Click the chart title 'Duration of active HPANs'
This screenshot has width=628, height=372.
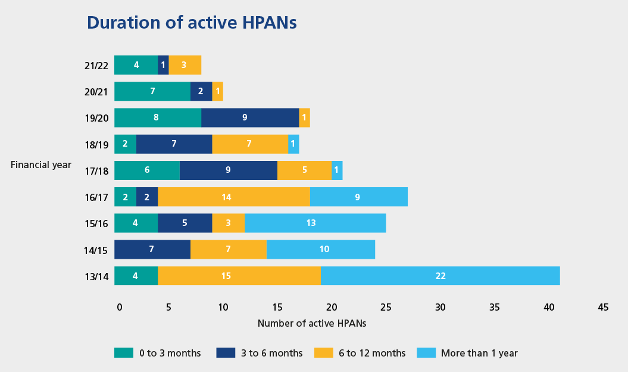(192, 23)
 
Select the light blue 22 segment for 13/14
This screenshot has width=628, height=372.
(440, 275)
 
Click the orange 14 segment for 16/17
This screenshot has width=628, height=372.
(233, 197)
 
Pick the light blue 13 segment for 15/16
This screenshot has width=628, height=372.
(315, 223)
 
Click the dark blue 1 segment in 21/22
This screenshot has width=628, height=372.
(163, 65)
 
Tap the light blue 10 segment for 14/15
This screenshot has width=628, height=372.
(320, 249)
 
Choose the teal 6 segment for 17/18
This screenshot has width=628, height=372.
(146, 170)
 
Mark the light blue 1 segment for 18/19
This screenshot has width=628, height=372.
(293, 144)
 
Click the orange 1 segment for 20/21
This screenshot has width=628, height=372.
(217, 91)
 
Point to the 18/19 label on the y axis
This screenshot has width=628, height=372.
(96, 144)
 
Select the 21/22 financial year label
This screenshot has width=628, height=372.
(96, 66)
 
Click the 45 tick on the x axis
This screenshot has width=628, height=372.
(603, 307)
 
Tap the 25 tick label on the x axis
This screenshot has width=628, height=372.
(386, 307)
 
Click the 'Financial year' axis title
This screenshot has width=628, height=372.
(41, 165)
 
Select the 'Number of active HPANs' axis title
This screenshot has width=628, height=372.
(311, 324)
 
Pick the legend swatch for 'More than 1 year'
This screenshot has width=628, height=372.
(426, 353)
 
